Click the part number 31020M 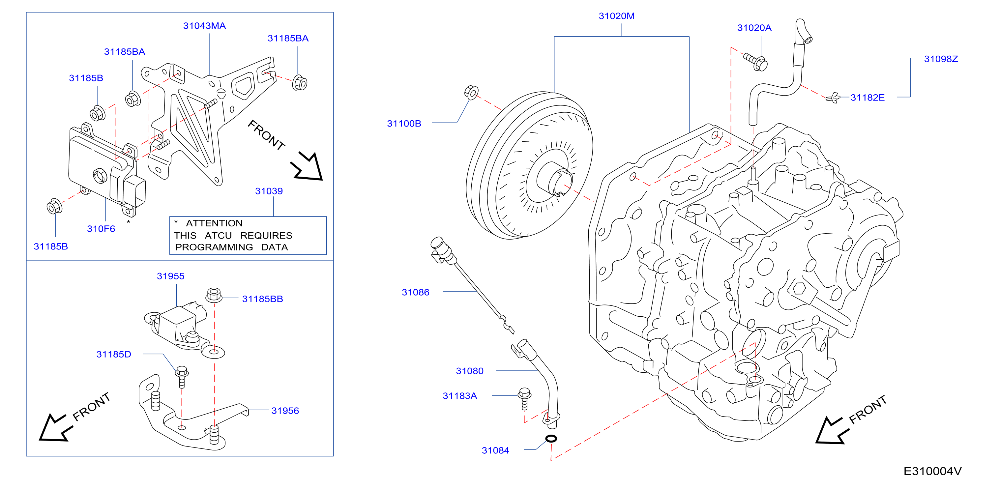click(616, 16)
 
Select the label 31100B click(404, 124)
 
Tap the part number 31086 click(415, 292)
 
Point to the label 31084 click(495, 450)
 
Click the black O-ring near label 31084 click(551, 439)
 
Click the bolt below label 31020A click(755, 62)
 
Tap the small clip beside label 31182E click(833, 98)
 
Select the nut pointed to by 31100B click(471, 92)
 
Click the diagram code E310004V click(932, 471)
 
